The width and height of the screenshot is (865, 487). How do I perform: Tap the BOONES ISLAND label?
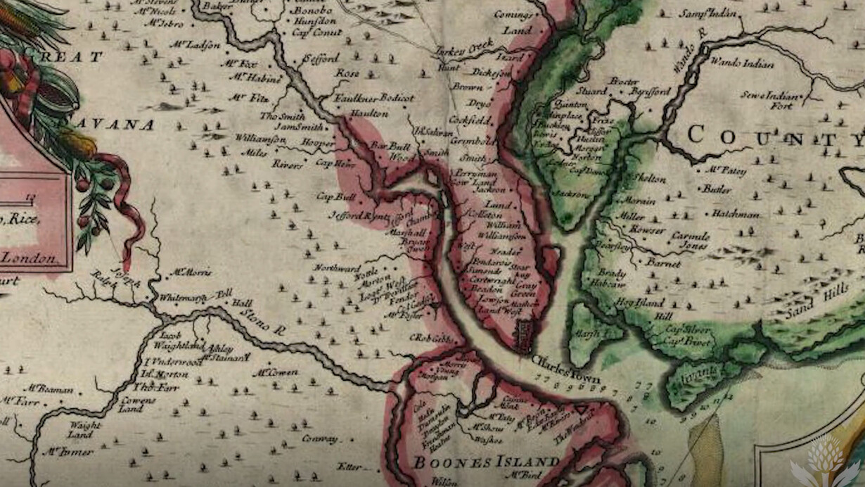[486, 462]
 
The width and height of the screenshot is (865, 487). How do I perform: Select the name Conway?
[319, 439]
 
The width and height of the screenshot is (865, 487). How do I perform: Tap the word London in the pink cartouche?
[29, 258]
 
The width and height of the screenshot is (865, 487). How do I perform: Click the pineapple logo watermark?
[825, 462]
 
